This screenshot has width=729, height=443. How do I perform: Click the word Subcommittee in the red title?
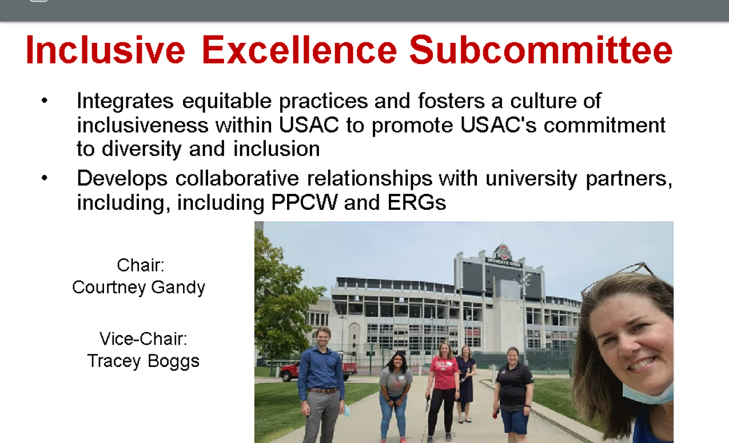coord(540,50)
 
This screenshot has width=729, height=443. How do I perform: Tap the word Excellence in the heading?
coord(300,50)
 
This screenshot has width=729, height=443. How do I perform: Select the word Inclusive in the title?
coord(105,50)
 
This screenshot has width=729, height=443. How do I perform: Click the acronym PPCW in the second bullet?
coord(304,202)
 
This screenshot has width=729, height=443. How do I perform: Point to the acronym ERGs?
coord(417,202)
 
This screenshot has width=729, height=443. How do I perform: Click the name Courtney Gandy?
coord(138,288)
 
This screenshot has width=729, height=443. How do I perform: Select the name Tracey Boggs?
coord(143,361)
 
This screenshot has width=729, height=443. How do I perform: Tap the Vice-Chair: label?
coord(143,338)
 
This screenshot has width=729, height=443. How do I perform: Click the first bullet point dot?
coord(45,101)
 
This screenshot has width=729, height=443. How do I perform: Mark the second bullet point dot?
coord(45,178)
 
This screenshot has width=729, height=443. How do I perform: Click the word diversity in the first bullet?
coord(142,150)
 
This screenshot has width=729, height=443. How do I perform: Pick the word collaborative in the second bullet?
coord(237,178)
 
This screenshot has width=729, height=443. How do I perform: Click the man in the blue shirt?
coord(321,385)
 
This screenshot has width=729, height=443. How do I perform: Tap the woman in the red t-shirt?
coord(443,390)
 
